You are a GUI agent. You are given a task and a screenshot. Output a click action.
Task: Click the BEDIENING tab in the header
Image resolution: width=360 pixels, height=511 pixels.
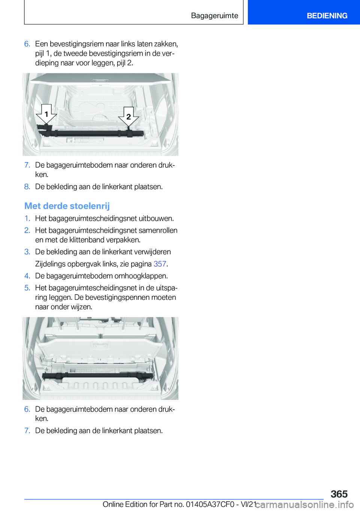[327, 16]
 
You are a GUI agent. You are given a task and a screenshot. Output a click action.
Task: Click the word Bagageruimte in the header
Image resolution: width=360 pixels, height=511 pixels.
[214, 16]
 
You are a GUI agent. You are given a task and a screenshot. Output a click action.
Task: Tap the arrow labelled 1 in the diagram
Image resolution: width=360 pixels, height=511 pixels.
[46, 114]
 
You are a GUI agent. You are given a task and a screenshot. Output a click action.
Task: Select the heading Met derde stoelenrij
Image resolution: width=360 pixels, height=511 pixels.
[67, 206]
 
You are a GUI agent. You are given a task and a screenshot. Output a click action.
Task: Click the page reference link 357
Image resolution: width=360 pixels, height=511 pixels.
[160, 264]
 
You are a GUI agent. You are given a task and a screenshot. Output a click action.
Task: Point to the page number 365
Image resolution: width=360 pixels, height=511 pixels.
[339, 494]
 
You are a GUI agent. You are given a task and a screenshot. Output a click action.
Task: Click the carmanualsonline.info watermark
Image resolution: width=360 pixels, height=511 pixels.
[304, 505]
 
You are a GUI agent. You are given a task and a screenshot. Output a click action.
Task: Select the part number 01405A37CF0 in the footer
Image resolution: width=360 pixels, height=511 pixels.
[210, 505]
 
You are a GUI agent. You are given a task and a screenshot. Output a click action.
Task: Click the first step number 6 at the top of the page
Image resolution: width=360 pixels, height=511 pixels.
[27, 44]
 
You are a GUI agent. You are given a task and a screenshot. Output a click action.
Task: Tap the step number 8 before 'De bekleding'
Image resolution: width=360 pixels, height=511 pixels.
[27, 187]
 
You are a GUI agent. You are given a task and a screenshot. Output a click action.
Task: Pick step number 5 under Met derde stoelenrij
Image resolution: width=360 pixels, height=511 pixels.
[27, 288]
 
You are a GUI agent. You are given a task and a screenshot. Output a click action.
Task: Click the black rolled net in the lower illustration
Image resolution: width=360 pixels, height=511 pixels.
[97, 375]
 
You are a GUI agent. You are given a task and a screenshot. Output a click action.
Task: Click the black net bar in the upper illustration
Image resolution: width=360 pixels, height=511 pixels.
[90, 133]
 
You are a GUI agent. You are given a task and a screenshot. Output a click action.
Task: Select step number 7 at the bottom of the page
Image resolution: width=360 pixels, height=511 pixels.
[27, 431]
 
